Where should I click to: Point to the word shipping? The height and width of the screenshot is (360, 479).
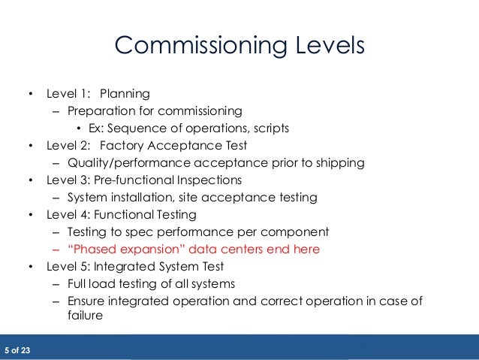(339, 162)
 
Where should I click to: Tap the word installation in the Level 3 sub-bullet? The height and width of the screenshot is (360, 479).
(151, 198)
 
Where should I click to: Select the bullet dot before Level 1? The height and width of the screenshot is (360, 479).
(30, 94)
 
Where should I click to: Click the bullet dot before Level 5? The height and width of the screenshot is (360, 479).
(30, 266)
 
